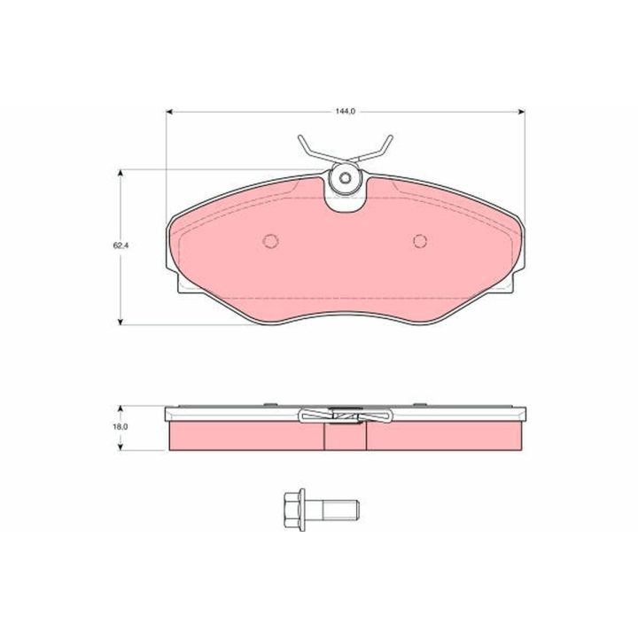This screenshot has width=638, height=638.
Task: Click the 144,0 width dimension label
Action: pos(346,112)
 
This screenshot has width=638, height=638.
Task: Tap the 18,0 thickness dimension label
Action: pos(121,427)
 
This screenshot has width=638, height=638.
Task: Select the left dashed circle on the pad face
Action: pos(271,241)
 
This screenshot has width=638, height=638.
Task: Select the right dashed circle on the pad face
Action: pos(420,241)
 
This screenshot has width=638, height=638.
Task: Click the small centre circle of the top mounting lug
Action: pos(346,178)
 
